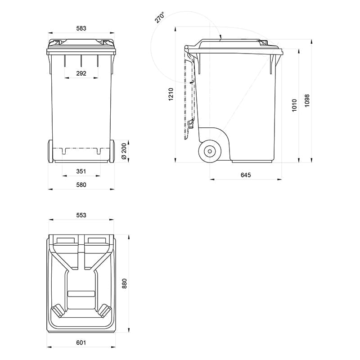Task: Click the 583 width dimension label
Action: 81,28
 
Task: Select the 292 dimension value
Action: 81,73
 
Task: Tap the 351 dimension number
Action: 81,171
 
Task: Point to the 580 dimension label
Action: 81,184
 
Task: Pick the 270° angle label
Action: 159,18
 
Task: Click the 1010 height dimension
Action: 295,105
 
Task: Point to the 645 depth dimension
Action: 246,175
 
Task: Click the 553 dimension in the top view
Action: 81,215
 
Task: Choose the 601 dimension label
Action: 81,343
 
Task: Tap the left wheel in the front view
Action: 50,151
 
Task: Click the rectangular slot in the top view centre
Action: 81,294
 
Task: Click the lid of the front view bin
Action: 81,44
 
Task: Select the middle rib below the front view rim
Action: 81,61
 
